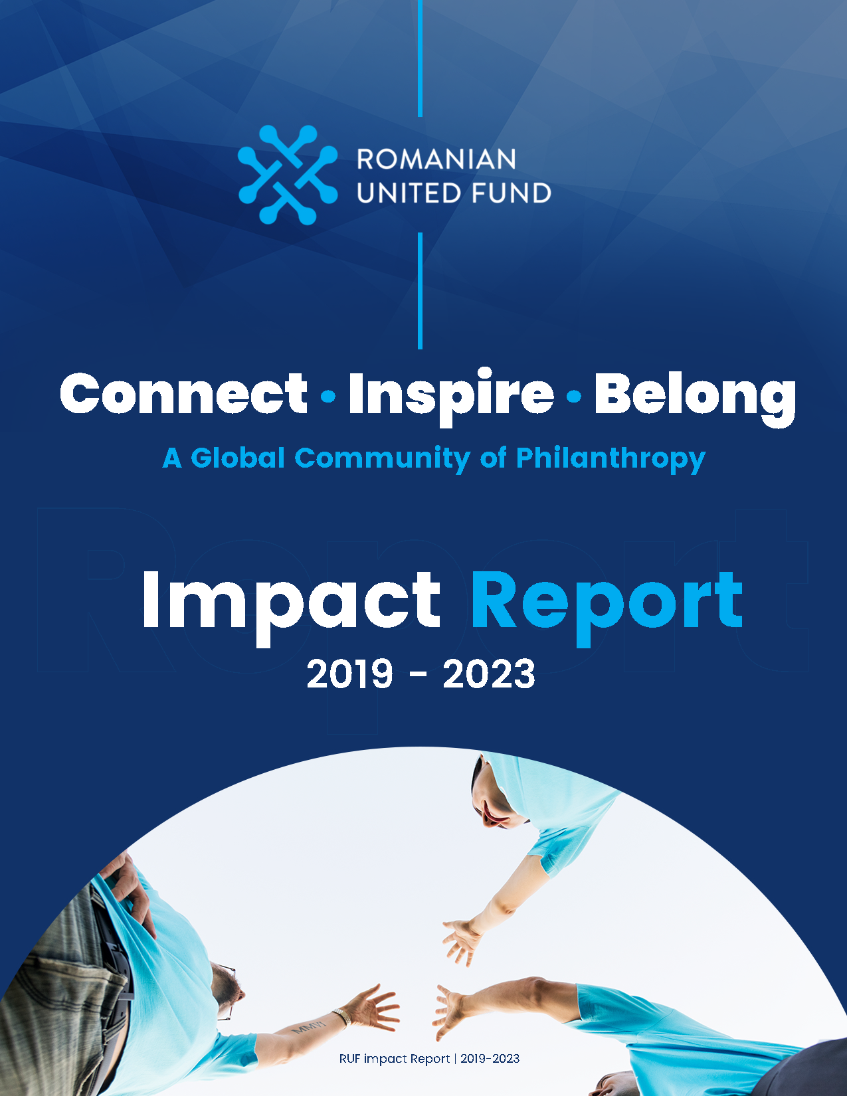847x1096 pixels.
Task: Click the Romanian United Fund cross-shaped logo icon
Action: click(x=288, y=175)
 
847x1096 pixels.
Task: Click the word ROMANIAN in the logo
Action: click(x=436, y=159)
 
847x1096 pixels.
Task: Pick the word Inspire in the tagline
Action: click(x=451, y=397)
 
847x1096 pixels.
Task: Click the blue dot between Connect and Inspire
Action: click(x=328, y=397)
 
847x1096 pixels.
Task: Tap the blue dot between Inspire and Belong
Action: click(x=574, y=397)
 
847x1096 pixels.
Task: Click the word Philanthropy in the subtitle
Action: click(x=611, y=459)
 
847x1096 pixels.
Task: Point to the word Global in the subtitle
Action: click(x=238, y=458)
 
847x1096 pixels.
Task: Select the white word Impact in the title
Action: click(x=291, y=604)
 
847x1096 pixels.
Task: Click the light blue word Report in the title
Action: click(x=607, y=605)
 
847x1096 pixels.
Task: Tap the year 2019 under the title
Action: click(x=349, y=674)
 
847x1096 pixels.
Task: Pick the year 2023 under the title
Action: click(x=489, y=674)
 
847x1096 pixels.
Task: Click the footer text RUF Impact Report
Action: click(x=395, y=1059)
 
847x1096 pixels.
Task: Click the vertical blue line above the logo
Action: click(x=421, y=58)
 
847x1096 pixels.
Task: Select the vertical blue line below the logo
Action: click(x=421, y=290)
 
